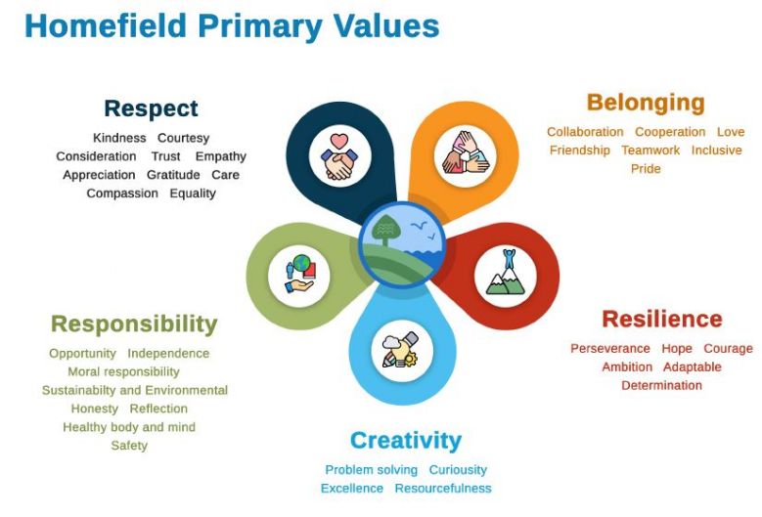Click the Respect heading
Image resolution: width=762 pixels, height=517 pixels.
coord(152,108)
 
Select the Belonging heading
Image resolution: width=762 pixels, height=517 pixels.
coord(646,103)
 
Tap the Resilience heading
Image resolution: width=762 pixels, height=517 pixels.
coord(662,320)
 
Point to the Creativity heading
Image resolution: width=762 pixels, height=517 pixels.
coord(406,442)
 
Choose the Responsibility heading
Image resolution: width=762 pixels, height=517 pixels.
coord(134,324)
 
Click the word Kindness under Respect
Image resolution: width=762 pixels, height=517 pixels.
coord(119,138)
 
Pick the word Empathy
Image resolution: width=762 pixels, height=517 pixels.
coord(221,156)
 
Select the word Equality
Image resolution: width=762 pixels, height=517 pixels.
coord(193,194)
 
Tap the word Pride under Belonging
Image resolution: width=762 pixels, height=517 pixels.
coord(646,169)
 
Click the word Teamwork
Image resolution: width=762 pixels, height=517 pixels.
coord(650,151)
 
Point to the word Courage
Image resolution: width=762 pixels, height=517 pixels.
coord(728,349)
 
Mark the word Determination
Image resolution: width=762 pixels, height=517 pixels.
coord(661,385)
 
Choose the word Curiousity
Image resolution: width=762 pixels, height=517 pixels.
coord(458,470)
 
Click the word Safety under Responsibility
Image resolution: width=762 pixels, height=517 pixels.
coord(129,446)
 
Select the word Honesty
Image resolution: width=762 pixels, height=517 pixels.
coord(95,409)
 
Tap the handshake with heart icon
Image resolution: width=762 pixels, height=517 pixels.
coord(339,156)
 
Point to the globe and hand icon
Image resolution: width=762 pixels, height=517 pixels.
coord(300,274)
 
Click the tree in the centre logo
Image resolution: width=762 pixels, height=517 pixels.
coord(384,229)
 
